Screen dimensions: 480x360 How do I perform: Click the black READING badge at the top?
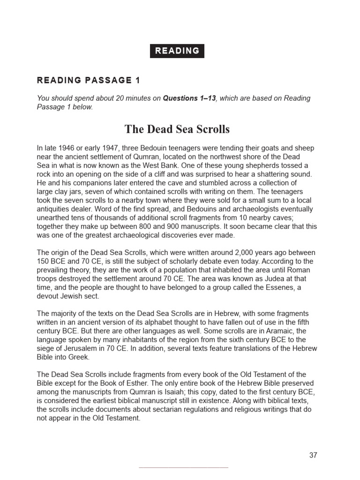[177, 51]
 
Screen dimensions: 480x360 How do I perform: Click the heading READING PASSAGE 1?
[88, 80]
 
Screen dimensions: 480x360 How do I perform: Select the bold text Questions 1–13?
[189, 98]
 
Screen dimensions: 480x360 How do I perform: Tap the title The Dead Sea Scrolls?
[177, 129]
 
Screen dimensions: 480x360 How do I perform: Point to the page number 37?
[313, 455]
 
